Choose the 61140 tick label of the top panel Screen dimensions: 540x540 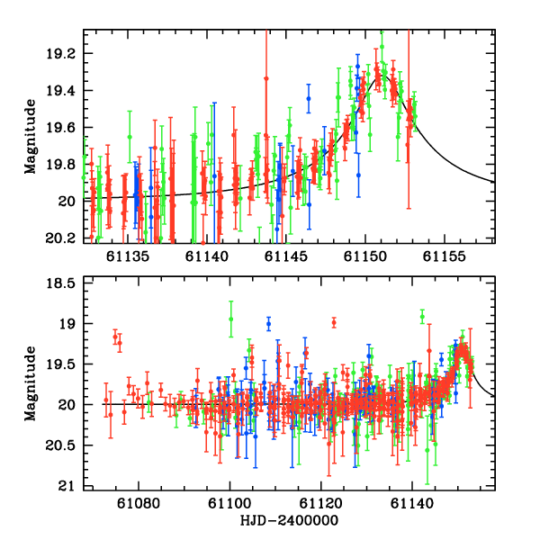coord(208,257)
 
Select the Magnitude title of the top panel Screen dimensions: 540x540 coord(31,136)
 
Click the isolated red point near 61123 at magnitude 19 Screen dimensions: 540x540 coord(334,322)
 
